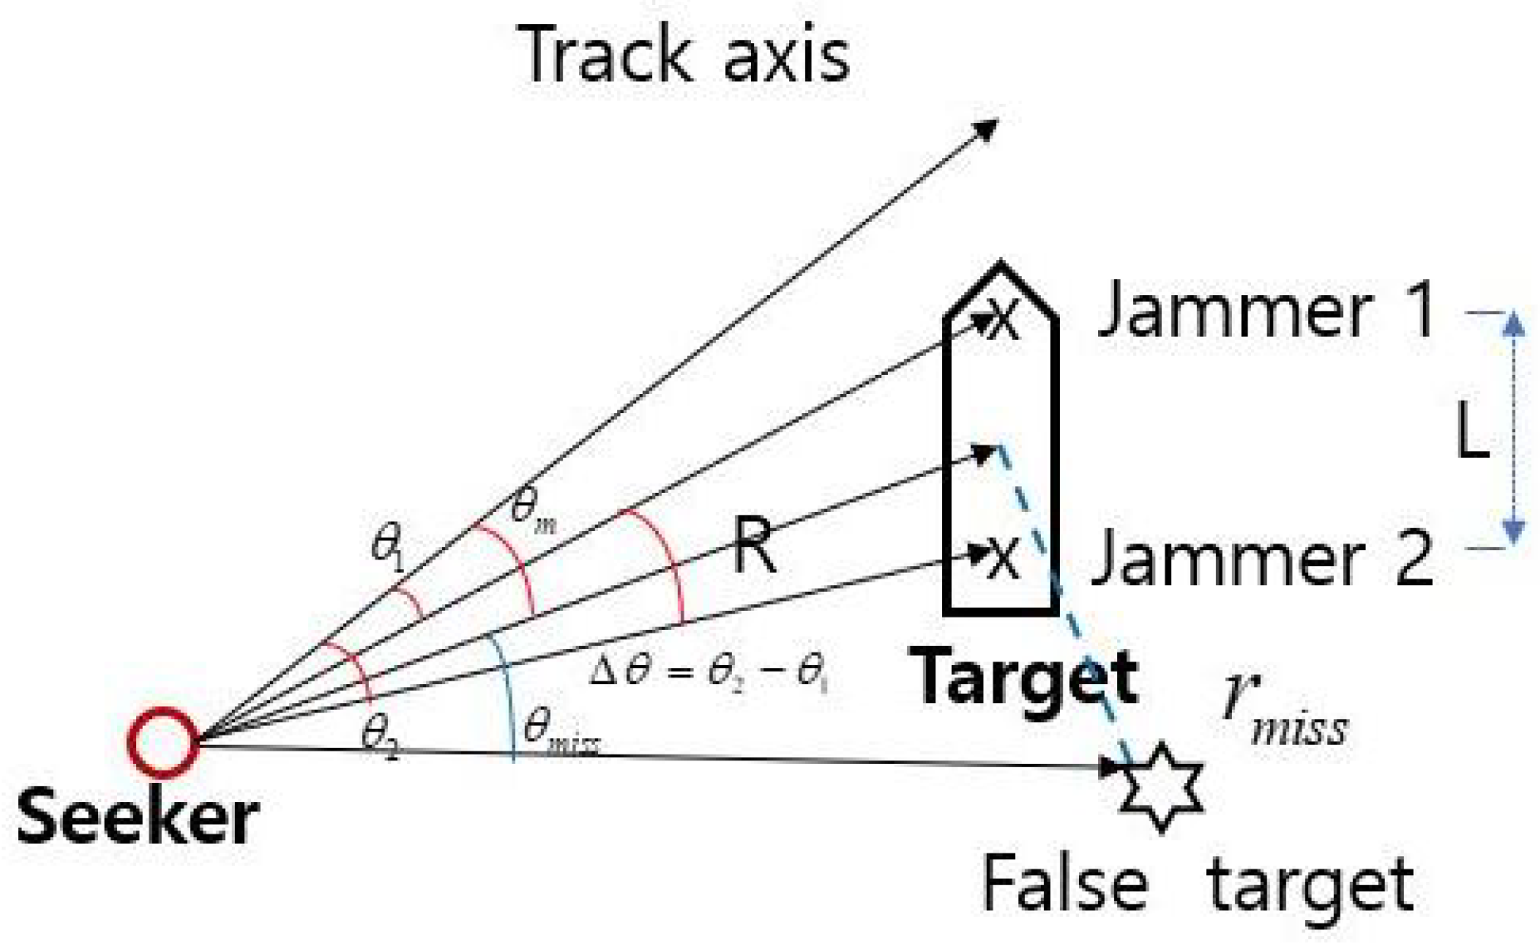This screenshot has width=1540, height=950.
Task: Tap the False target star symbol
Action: [1160, 786]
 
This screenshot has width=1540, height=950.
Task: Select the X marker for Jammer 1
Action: [1003, 319]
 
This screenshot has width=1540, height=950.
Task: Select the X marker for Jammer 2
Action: [1003, 556]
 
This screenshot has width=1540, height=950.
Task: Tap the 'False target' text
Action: [1197, 885]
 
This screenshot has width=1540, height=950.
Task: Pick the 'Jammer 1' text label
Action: [1267, 310]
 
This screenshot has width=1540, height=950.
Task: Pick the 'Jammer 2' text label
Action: [1262, 558]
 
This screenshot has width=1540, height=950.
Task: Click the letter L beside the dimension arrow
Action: [1473, 432]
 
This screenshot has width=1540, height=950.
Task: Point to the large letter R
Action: [754, 545]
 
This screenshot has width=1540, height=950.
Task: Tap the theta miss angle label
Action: [561, 731]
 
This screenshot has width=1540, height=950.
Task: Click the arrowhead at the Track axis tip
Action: [987, 129]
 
